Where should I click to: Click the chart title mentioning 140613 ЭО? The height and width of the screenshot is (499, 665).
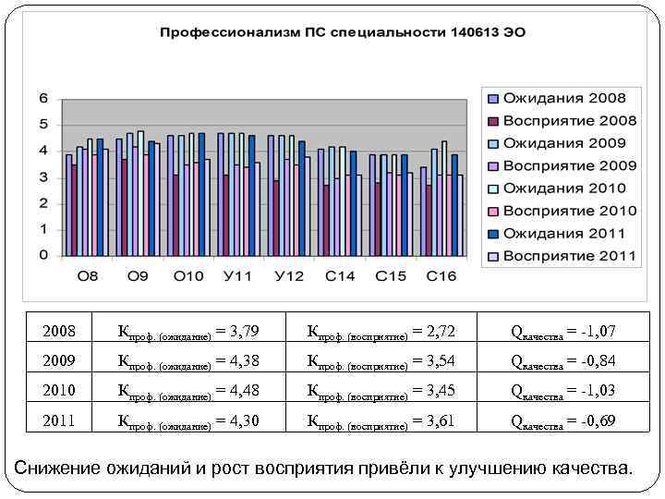(343, 32)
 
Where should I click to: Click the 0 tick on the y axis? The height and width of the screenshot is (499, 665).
(43, 255)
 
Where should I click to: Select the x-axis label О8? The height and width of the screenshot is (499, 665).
(87, 276)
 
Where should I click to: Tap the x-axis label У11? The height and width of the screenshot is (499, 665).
(239, 276)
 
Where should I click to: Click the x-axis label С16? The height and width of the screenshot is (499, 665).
(441, 276)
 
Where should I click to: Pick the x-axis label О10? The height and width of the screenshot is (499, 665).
(188, 276)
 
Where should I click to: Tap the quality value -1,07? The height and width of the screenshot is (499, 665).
(598, 330)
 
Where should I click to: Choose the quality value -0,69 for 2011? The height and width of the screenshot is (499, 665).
(598, 420)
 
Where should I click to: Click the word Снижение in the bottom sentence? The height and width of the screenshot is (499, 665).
(57, 468)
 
